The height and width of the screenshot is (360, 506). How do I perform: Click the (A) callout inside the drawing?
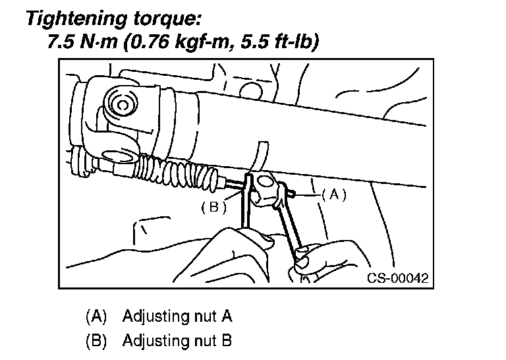pyautogui.click(x=334, y=195)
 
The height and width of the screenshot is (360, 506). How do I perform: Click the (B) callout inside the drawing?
pyautogui.click(x=213, y=207)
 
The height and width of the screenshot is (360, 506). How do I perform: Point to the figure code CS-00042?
pyautogui.click(x=397, y=278)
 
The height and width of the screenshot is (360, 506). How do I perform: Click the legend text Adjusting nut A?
pyautogui.click(x=177, y=316)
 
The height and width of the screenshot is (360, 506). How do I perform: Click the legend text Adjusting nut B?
pyautogui.click(x=177, y=341)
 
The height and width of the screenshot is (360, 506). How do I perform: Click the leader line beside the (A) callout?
pyautogui.click(x=308, y=195)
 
